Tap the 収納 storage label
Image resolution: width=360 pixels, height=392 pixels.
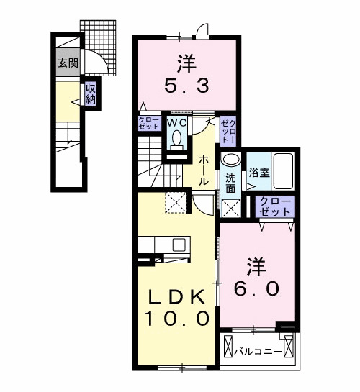[91, 94]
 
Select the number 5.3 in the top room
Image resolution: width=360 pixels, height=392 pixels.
[186, 84]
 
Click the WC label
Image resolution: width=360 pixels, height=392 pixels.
[177, 123]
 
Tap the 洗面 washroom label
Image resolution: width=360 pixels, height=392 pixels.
[230, 182]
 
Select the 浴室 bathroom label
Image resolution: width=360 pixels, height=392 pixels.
[257, 173]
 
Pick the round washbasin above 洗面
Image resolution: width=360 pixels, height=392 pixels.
[230, 160]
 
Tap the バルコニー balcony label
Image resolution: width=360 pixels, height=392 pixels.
[258, 352]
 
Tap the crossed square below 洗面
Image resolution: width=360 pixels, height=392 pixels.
[230, 209]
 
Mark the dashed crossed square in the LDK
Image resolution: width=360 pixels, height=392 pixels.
[174, 203]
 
